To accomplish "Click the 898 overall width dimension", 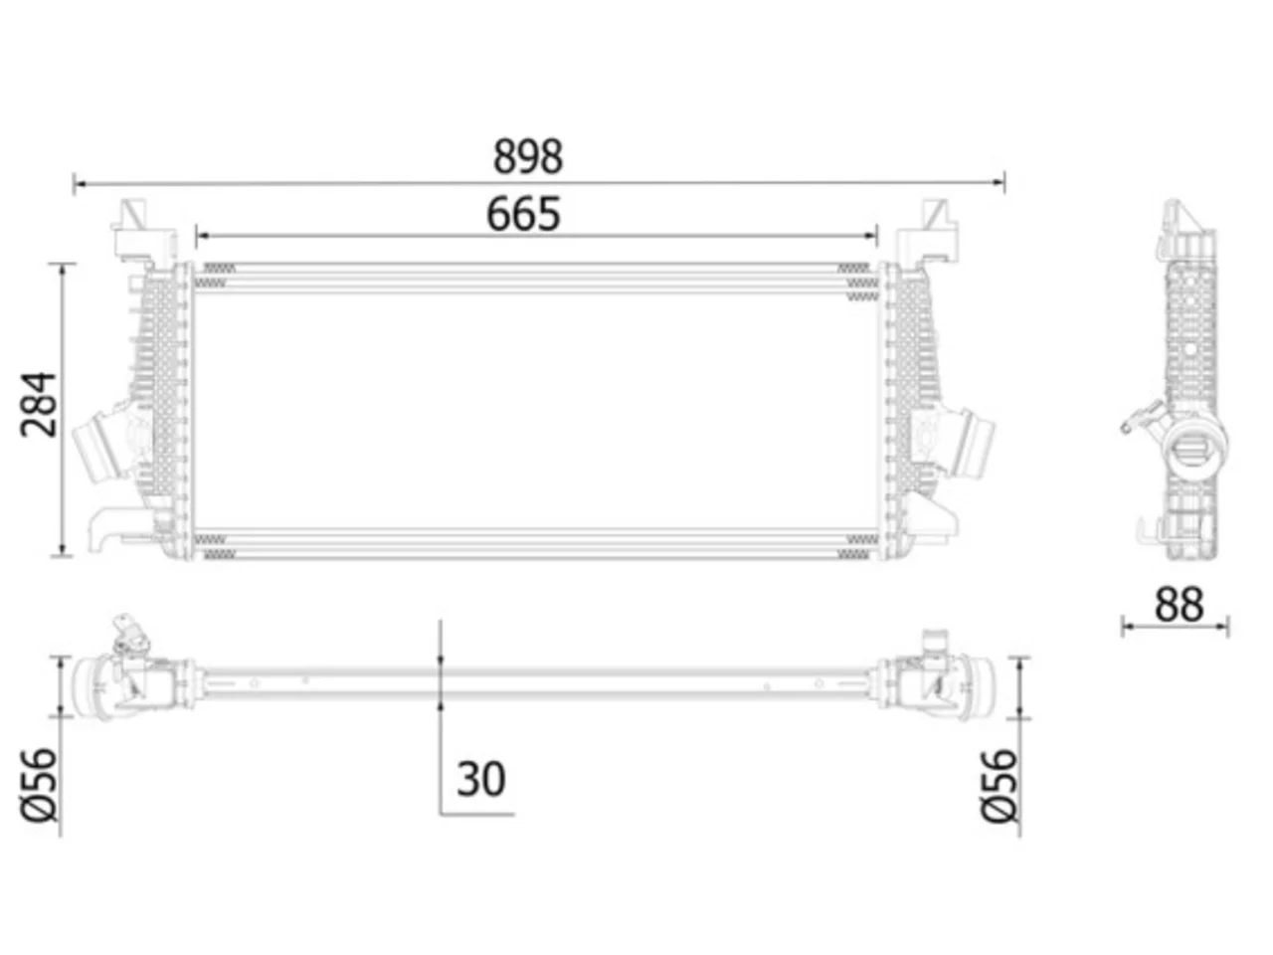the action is point(528,156).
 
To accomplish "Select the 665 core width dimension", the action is point(524,214).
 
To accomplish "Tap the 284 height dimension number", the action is point(39,404).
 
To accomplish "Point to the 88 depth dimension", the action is point(1180,605).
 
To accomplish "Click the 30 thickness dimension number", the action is point(480,779).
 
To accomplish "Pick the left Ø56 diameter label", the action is point(40,785).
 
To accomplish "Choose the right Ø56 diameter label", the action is point(1000,786).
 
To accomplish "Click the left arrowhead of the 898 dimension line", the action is point(80,184).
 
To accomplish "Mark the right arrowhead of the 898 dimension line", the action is point(999,183).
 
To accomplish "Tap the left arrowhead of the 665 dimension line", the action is point(203,236).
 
